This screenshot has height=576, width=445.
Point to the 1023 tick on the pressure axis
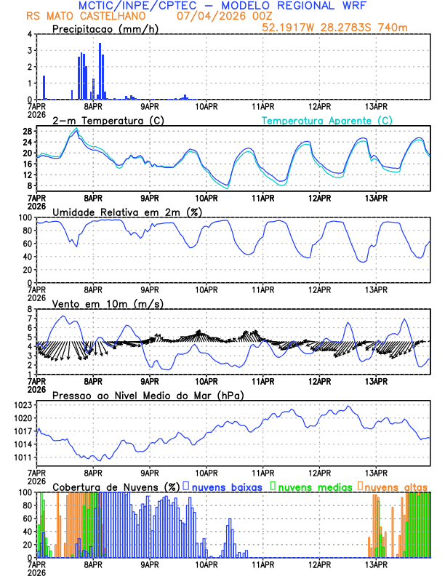click(x=23, y=405)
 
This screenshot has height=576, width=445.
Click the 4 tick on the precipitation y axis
click(x=29, y=34)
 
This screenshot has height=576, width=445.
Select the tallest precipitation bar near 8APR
click(x=100, y=71)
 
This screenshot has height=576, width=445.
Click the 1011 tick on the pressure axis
click(x=23, y=457)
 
